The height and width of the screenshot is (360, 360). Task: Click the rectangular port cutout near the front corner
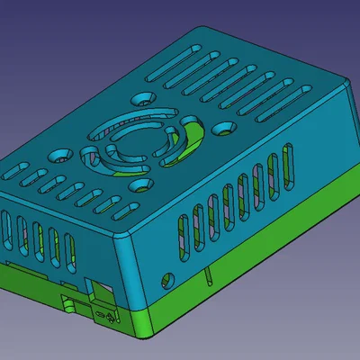(99, 291)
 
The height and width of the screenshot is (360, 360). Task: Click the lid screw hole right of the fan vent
(218, 130)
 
